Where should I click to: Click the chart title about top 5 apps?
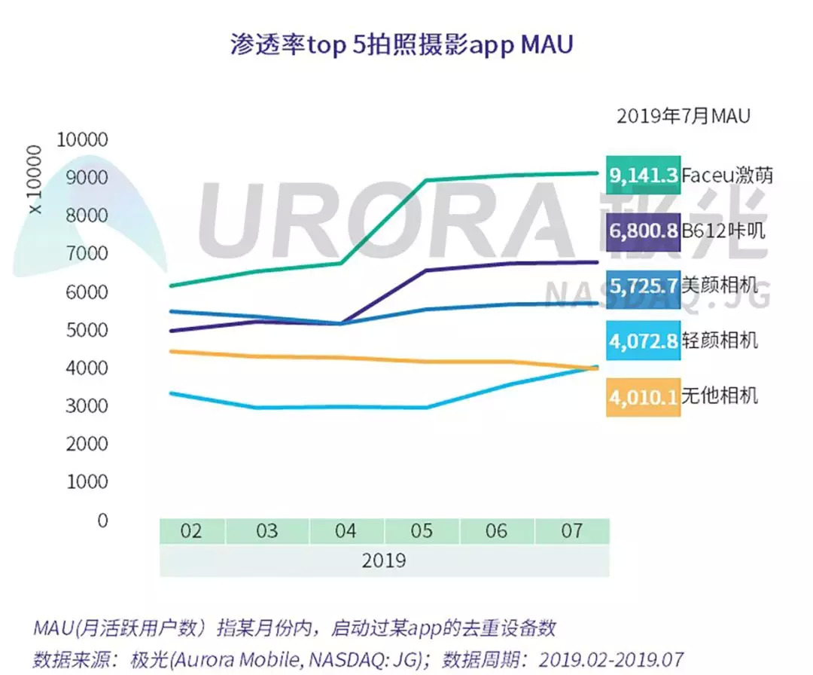401,44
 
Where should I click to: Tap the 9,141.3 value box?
644,176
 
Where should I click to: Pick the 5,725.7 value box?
644,286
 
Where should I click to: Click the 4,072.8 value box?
644,341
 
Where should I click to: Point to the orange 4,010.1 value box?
644,396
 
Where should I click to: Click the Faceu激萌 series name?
727,176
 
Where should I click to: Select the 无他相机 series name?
720,396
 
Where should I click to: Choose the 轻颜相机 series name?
720,341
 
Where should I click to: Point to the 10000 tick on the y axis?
83,140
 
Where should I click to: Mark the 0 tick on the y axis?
102,521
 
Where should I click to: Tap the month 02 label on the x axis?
191,531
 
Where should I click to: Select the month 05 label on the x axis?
422,531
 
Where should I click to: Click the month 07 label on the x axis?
572,531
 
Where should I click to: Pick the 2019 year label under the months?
383,561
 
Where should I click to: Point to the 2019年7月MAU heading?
683,116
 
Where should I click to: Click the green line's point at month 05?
427,181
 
